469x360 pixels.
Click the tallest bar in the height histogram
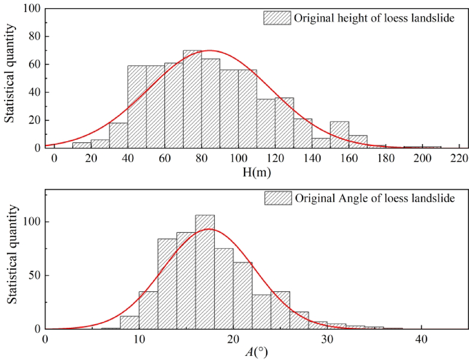(x=192, y=100)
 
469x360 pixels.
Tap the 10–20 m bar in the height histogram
(x=82, y=145)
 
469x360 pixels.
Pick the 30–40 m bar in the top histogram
(x=118, y=136)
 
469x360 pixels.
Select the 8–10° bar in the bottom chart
(x=129, y=322)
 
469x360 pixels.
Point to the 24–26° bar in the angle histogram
(x=280, y=310)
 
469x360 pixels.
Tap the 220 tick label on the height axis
(x=460, y=159)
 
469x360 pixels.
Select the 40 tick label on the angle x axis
(x=421, y=339)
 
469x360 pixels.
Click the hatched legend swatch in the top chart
(x=277, y=18)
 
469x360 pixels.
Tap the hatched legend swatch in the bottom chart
(x=278, y=198)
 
